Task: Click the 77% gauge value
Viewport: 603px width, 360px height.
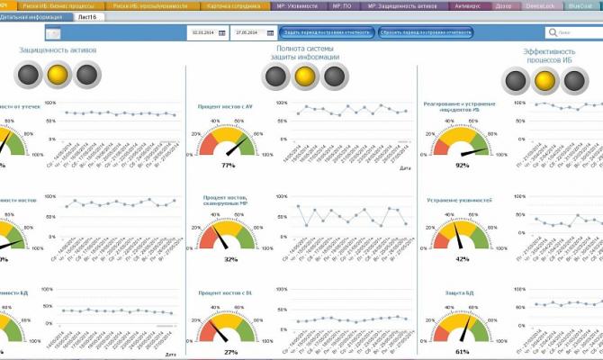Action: (228, 166)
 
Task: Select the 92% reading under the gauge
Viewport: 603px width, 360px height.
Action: (463, 166)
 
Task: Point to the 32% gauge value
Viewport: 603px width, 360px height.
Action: (230, 259)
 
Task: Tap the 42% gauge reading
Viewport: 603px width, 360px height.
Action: (463, 258)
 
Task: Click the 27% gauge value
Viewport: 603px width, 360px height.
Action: (229, 352)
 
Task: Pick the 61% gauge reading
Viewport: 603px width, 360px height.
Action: (463, 352)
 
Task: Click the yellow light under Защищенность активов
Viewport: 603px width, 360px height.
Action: (58, 76)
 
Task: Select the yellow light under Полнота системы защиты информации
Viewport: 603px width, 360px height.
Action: (305, 76)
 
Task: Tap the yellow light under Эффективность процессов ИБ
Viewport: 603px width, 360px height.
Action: (545, 82)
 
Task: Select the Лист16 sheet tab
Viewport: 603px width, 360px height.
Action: (88, 16)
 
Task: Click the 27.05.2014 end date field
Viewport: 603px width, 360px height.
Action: (244, 32)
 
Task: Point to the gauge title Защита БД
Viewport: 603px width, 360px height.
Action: (459, 293)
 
